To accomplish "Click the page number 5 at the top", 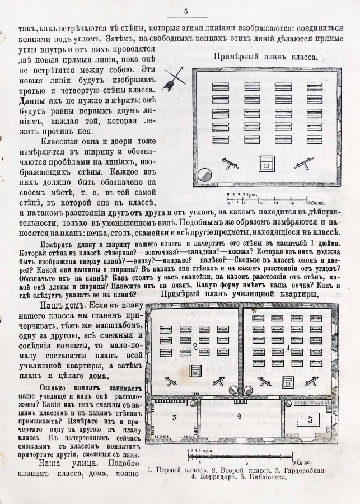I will (185, 11).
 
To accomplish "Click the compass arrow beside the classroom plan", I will (174, 77).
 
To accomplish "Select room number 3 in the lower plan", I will (174, 417).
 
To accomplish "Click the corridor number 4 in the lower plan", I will (239, 416).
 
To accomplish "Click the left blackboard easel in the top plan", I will (229, 164).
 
